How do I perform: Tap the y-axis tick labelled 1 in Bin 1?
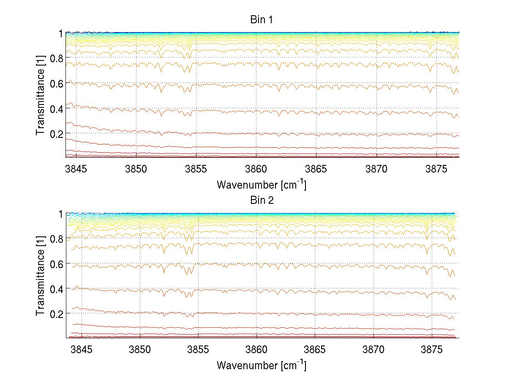[60, 33]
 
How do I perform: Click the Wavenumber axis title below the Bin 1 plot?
[262, 184]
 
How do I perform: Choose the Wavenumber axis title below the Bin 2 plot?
[262, 365]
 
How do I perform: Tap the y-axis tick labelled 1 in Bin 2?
[60, 214]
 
